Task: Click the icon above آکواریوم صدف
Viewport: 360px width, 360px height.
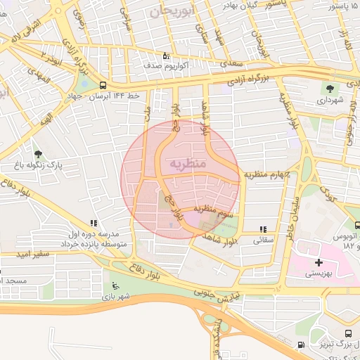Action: (x=166, y=54)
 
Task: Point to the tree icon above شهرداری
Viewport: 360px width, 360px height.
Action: (x=329, y=88)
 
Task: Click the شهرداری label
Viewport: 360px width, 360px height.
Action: (x=329, y=101)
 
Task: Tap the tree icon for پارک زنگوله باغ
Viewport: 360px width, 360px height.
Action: (x=37, y=154)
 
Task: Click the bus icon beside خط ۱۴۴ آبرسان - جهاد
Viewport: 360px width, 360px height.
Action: (x=103, y=86)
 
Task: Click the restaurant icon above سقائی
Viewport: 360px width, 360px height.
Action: (x=263, y=229)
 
